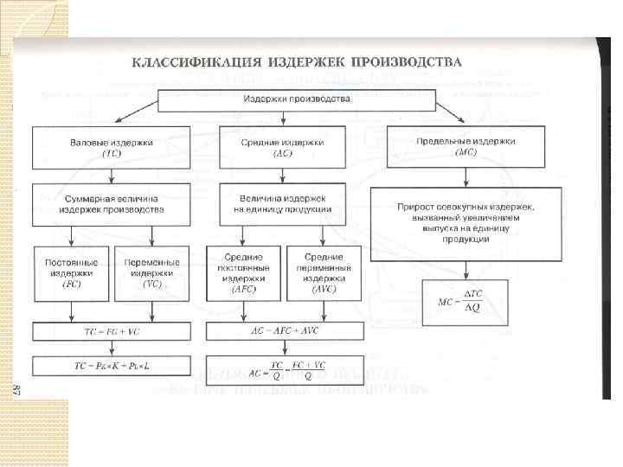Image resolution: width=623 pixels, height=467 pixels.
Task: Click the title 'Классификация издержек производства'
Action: [297, 62]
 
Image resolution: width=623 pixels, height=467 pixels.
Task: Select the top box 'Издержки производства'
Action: [296, 99]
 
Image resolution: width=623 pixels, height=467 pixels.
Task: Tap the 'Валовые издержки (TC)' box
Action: [112, 147]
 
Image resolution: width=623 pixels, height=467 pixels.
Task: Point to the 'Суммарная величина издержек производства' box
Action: [112, 204]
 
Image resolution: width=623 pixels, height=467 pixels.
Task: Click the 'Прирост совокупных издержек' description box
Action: [466, 224]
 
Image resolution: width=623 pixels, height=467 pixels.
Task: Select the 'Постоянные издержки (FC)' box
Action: [72, 272]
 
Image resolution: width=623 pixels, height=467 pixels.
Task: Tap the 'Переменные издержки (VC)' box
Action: [152, 272]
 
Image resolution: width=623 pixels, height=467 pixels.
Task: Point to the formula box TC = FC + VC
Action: [112, 331]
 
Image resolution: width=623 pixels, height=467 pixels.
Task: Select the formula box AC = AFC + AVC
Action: [284, 331]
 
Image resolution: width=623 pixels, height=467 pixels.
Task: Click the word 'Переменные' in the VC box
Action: [152, 262]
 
